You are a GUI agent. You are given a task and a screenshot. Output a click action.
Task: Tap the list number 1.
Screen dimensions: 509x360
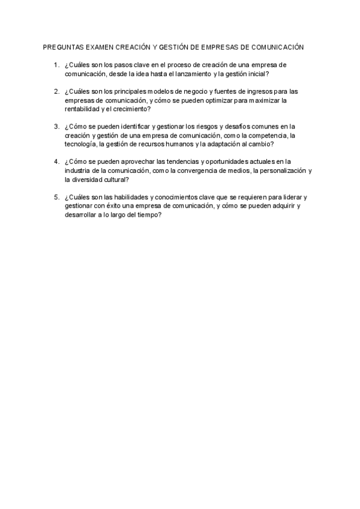click(56, 64)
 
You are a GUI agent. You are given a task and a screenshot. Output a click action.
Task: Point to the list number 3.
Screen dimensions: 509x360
click(56, 127)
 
